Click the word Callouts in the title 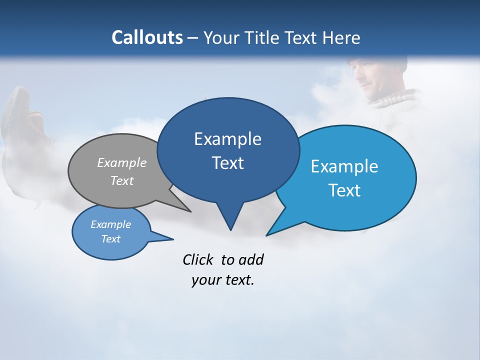click(x=147, y=37)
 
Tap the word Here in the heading click(x=341, y=37)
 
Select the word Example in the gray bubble click(x=122, y=162)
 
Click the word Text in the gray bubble click(x=122, y=180)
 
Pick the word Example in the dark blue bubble click(x=227, y=139)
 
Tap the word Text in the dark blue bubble click(x=227, y=163)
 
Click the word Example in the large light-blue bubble click(x=344, y=166)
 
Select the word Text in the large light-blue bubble click(x=344, y=190)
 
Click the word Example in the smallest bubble click(x=110, y=224)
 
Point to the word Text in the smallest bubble click(x=110, y=239)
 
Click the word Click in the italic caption click(x=198, y=259)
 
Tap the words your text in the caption click(x=222, y=280)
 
